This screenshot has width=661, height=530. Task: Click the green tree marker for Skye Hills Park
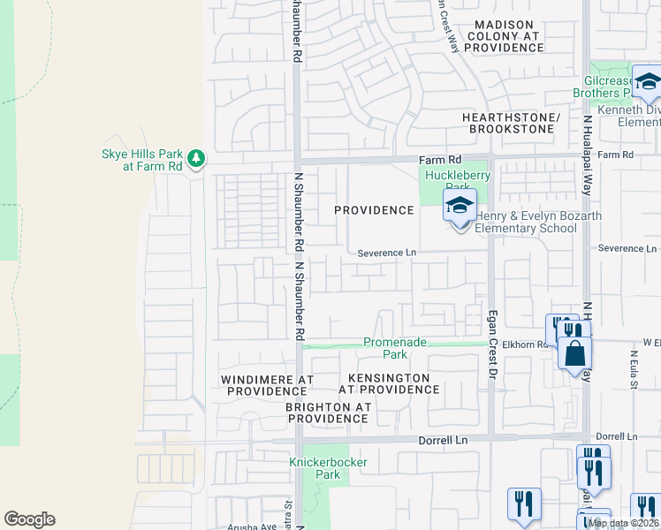[196, 159]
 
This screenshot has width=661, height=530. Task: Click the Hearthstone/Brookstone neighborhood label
[512, 123]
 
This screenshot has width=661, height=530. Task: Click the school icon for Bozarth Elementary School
[459, 208]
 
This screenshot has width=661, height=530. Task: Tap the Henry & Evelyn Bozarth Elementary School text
[526, 223]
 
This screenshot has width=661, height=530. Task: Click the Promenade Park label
[395, 348]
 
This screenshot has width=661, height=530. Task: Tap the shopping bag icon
[574, 353]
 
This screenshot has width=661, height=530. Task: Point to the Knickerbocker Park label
[316, 468]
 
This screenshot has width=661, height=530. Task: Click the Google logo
[29, 519]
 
